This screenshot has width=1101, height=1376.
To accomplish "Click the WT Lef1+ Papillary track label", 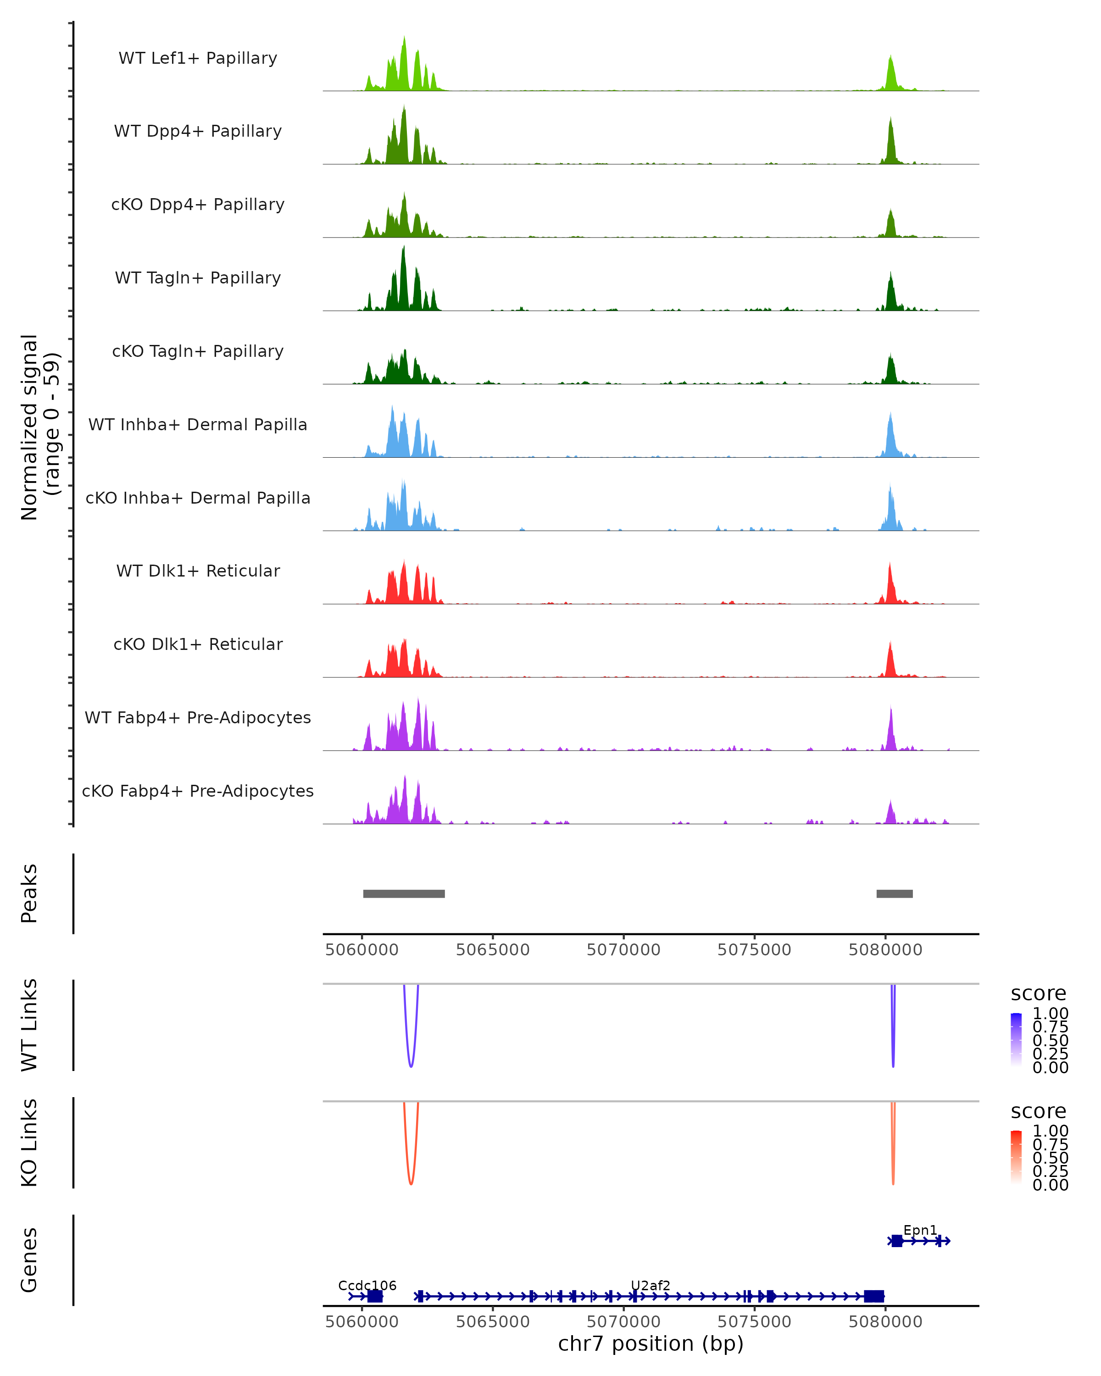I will point(198,58).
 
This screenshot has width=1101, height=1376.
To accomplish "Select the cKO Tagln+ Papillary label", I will point(198,351).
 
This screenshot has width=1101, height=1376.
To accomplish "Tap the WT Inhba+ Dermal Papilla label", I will point(198,424).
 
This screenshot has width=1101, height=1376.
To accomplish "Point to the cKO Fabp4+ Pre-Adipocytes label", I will point(198,791).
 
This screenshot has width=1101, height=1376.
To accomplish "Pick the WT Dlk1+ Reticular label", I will point(198,571).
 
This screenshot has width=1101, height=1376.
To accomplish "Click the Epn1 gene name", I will point(920,1230).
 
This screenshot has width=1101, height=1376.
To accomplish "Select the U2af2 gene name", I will point(651,1285).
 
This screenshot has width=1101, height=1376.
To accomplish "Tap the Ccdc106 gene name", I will point(367,1285).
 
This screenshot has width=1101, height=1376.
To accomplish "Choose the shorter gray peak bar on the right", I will point(894,893).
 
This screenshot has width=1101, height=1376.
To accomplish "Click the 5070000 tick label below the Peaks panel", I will point(623,950).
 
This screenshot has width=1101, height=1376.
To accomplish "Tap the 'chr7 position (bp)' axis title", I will point(651,1343).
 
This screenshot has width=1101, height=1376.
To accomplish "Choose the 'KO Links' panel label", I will point(29,1143).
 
